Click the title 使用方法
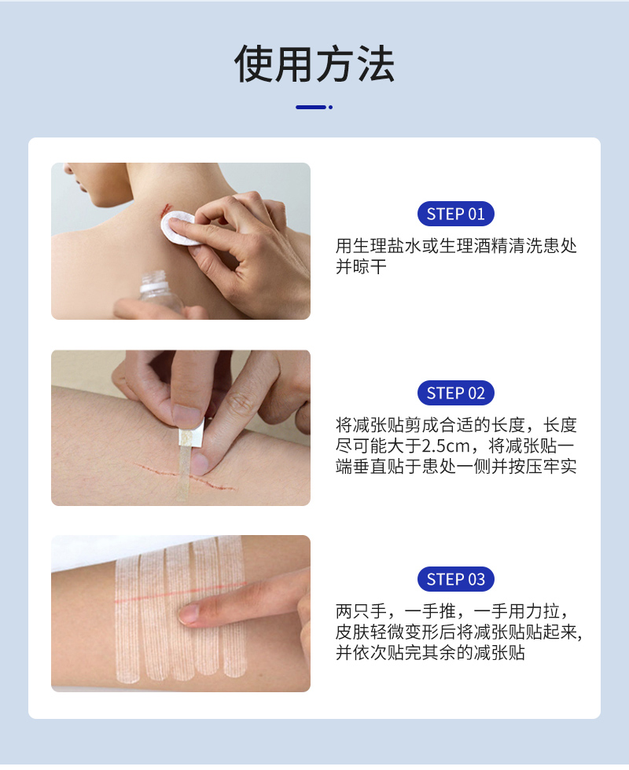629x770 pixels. coord(314,65)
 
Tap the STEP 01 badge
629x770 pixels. coord(455,214)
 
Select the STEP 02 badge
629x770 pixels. coord(455,393)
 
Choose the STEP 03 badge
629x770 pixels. coord(455,580)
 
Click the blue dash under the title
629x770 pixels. coord(310,107)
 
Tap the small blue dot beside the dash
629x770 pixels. coord(330,107)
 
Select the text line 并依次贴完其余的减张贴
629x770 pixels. coord(430,653)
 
